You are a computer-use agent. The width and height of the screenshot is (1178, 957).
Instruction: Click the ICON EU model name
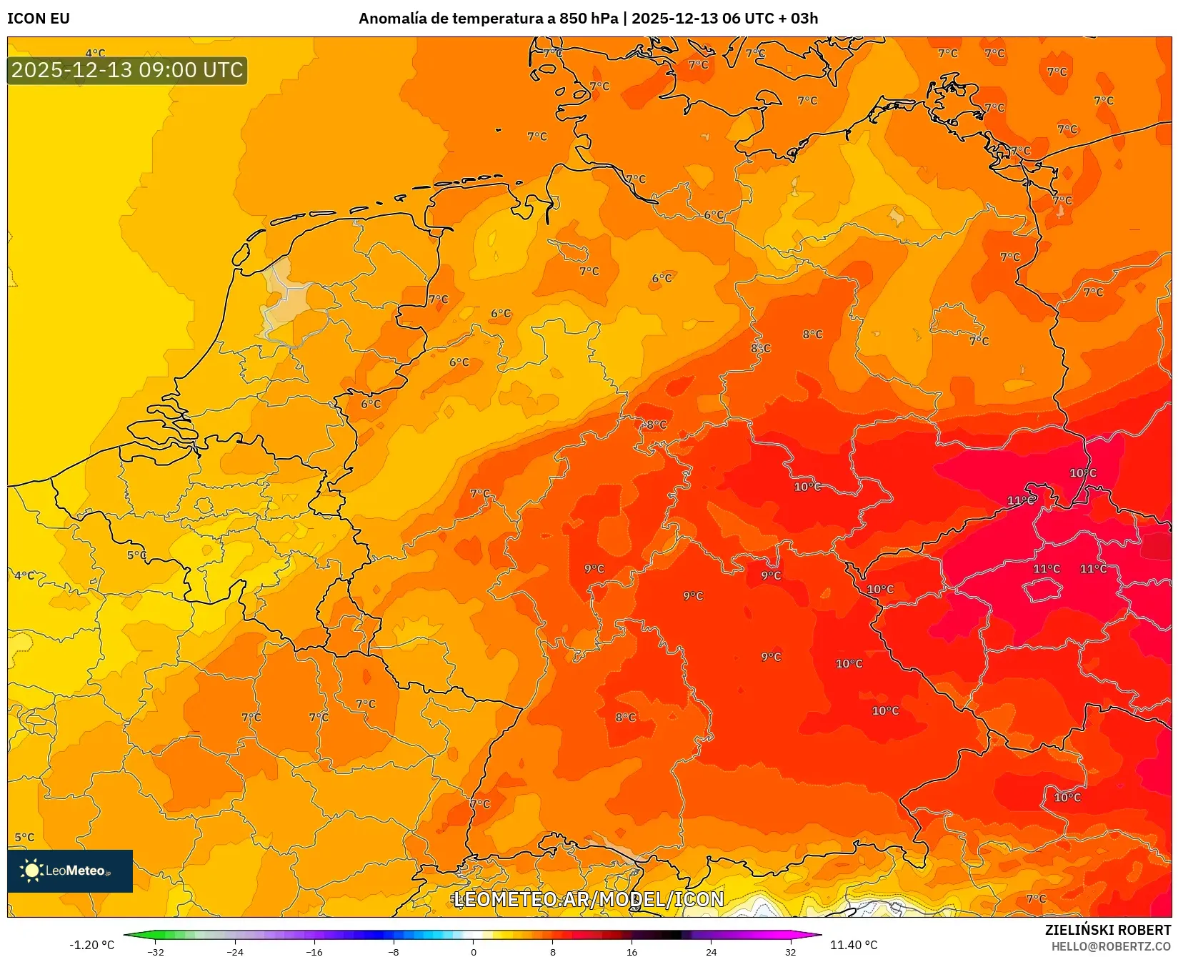pyautogui.click(x=39, y=19)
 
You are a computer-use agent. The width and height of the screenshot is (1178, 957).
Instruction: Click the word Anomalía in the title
pyautogui.click(x=391, y=19)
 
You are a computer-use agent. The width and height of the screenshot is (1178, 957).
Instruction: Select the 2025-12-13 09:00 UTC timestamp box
pyautogui.click(x=127, y=70)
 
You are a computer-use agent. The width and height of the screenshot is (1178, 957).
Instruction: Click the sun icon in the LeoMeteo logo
pyautogui.click(x=31, y=870)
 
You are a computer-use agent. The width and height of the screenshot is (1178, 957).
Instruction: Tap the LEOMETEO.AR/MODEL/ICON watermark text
pyautogui.click(x=589, y=899)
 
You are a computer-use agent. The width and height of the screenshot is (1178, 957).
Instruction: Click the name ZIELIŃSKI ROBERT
pyautogui.click(x=1107, y=930)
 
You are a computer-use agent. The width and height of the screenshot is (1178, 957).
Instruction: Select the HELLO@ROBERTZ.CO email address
pyautogui.click(x=1110, y=946)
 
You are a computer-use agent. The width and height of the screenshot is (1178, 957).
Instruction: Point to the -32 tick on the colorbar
pyautogui.click(x=156, y=952)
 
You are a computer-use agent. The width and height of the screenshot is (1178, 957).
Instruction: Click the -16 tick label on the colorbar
pyautogui.click(x=314, y=952)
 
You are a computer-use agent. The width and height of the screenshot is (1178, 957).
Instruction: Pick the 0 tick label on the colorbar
pyautogui.click(x=473, y=952)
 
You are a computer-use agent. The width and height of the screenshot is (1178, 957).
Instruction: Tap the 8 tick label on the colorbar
pyautogui.click(x=552, y=952)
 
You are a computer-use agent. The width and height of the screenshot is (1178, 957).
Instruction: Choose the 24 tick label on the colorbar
pyautogui.click(x=711, y=952)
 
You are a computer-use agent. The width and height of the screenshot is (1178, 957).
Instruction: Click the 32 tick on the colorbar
pyautogui.click(x=790, y=952)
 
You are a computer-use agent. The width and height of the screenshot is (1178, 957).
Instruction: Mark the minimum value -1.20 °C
pyautogui.click(x=91, y=945)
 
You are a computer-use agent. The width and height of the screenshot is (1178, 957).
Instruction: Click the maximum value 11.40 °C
pyautogui.click(x=854, y=945)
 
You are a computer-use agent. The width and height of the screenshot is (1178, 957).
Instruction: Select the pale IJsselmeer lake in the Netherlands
pyautogui.click(x=286, y=300)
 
